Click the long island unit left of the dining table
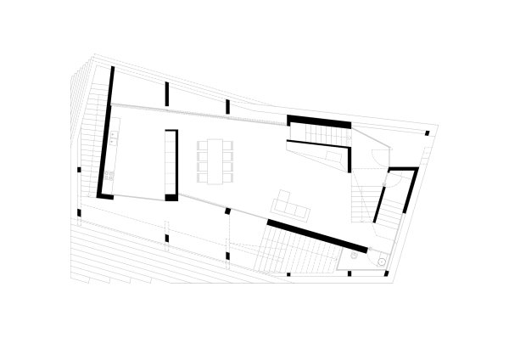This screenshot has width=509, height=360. [171, 163]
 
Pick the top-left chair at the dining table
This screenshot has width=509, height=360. [202, 145]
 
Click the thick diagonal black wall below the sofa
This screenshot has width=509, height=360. [316, 235]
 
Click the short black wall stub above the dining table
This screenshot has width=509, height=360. [227, 106]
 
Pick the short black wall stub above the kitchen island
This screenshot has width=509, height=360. [167, 93]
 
